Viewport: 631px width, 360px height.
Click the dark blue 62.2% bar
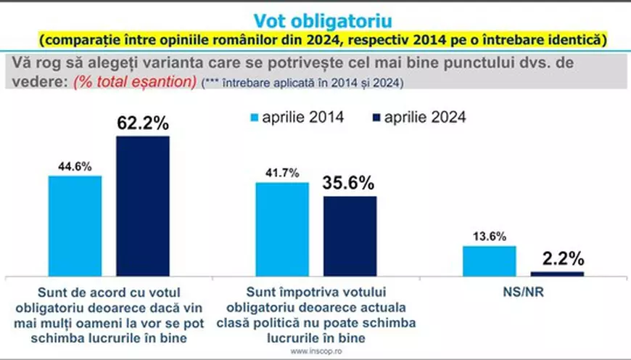pyautogui.click(x=143, y=205)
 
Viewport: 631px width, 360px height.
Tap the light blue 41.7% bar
pyautogui.click(x=281, y=229)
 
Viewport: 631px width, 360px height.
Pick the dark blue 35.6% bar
pyautogui.click(x=350, y=236)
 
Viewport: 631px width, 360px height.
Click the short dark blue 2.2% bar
pyautogui.click(x=557, y=273)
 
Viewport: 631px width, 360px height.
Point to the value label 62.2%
pyautogui.click(x=143, y=123)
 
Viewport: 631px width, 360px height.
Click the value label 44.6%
pyautogui.click(x=75, y=166)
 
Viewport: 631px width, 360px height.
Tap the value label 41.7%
pyautogui.click(x=281, y=173)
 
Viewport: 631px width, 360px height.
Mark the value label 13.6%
pyautogui.click(x=489, y=237)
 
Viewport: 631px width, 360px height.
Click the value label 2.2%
pyautogui.click(x=557, y=258)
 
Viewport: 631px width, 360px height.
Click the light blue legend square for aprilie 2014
pyautogui.click(x=254, y=117)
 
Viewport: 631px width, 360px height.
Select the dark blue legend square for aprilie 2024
pyautogui.click(x=376, y=117)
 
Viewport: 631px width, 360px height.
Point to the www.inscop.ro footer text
pyautogui.click(x=315, y=353)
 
